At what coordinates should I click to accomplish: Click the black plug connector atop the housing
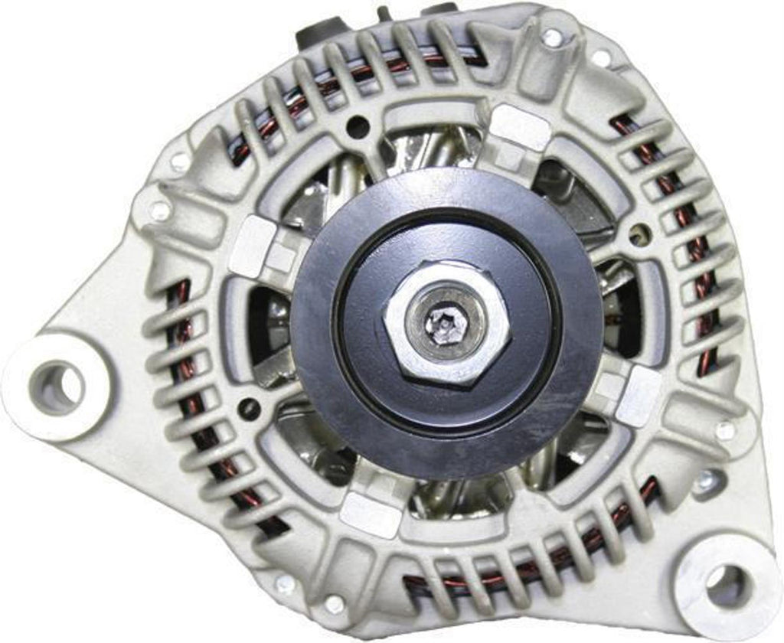tap(316, 31)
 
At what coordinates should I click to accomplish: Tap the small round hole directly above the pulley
tap(357, 127)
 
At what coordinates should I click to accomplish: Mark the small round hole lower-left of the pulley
tap(250, 409)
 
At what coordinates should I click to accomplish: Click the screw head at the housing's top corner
tap(551, 36)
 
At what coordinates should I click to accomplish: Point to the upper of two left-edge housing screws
tap(180, 161)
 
